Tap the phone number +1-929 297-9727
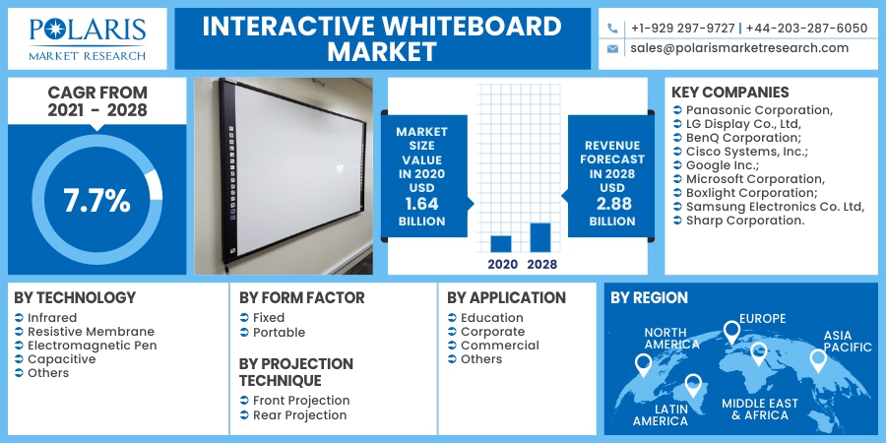click(x=682, y=28)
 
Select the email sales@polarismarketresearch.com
click(x=738, y=47)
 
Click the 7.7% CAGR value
click(x=96, y=201)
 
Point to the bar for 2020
click(x=501, y=243)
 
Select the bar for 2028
click(x=539, y=237)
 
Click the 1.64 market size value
click(x=421, y=203)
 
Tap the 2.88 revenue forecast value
click(x=611, y=203)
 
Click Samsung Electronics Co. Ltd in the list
click(x=774, y=207)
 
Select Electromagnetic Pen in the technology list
click(x=92, y=346)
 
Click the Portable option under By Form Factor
click(x=279, y=332)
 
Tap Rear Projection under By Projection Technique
click(x=299, y=415)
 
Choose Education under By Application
click(x=491, y=318)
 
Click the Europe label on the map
click(x=762, y=318)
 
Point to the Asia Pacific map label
click(x=848, y=341)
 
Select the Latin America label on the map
click(x=660, y=414)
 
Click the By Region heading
click(x=649, y=297)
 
